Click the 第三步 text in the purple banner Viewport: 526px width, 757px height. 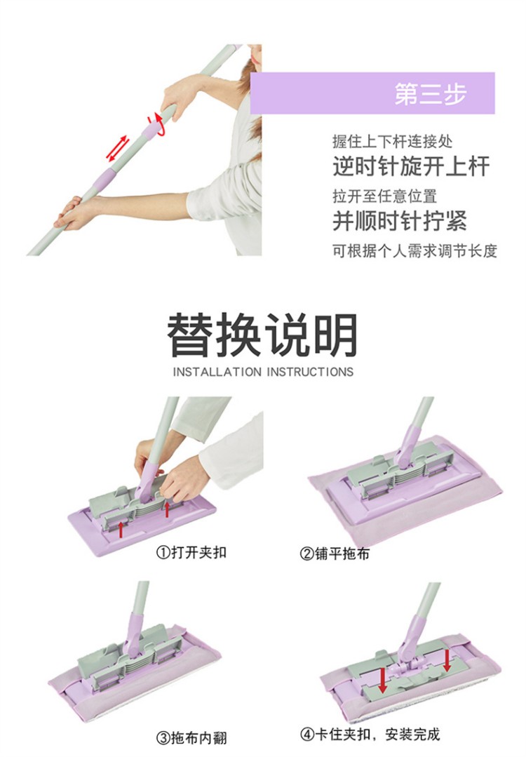coord(431,93)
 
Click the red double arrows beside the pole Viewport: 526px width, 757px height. coord(118,149)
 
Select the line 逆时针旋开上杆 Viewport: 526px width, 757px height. coord(411,166)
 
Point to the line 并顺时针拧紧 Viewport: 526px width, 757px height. coord(400,222)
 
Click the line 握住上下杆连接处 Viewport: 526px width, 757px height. coord(392,142)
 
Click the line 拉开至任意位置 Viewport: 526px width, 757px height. coord(384,196)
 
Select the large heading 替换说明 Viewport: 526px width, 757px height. coord(262,335)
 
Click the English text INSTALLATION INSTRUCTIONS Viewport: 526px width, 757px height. coord(263,373)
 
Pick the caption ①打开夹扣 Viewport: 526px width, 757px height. coord(191,552)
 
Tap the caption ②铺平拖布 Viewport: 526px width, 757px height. coord(335,554)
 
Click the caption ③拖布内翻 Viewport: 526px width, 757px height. coord(191,738)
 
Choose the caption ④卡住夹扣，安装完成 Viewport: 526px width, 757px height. coord(370,735)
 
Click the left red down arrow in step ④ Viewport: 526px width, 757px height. coord(383,680)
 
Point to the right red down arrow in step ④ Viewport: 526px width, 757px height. coord(447,660)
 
